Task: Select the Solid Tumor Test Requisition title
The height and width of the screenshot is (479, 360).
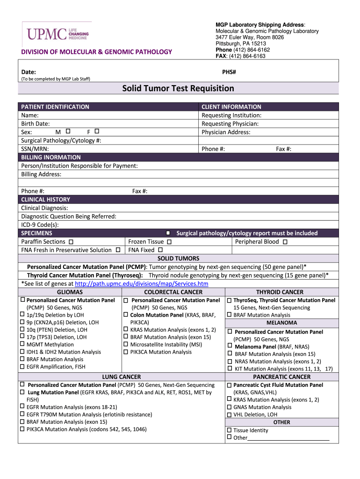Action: click(178, 88)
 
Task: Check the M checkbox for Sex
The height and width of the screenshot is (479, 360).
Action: click(68, 131)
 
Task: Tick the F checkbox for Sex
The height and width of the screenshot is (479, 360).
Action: click(96, 131)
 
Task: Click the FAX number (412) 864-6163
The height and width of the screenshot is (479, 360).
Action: click(247, 56)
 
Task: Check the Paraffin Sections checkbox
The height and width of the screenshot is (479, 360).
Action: click(71, 242)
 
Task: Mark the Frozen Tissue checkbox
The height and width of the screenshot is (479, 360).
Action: click(169, 242)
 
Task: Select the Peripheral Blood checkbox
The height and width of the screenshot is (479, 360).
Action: click(285, 242)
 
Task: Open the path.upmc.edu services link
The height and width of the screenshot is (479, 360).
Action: click(141, 284)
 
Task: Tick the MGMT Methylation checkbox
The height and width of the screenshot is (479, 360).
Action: click(22, 344)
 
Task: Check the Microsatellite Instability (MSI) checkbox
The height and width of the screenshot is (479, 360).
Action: click(126, 344)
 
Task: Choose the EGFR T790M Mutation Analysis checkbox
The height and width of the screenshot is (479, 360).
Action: click(22, 414)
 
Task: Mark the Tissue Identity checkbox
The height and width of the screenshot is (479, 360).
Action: click(229, 430)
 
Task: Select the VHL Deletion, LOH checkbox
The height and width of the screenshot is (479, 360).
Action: click(229, 414)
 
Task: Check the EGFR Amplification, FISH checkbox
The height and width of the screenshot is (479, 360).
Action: click(22, 367)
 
